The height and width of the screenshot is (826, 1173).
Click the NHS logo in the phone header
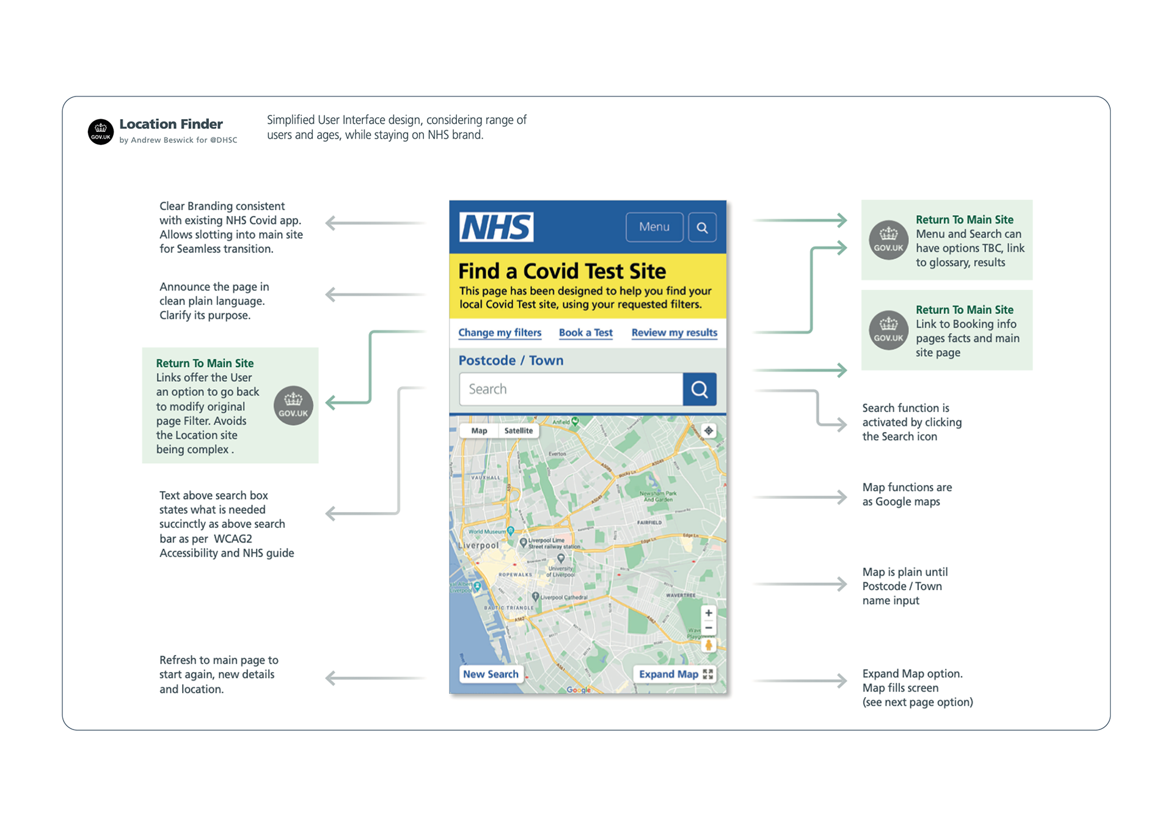click(496, 227)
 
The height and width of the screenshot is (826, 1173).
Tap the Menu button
click(654, 227)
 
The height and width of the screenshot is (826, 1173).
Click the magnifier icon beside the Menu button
click(702, 228)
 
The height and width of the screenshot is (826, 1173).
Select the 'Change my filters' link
click(500, 332)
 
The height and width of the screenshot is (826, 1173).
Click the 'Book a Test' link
click(585, 332)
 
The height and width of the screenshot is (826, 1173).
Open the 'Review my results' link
click(674, 332)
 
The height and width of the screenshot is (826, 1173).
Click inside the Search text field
click(571, 389)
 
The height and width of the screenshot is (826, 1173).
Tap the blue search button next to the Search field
click(700, 389)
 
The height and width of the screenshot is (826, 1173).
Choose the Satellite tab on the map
click(518, 431)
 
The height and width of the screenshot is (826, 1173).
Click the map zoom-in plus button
click(708, 613)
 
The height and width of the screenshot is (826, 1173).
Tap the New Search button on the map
click(491, 674)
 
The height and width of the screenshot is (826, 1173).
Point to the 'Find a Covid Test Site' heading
click(562, 271)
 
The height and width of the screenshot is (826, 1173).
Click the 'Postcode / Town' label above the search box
click(511, 360)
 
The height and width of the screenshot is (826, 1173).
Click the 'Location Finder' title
click(171, 124)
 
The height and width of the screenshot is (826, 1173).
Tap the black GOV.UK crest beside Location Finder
click(101, 131)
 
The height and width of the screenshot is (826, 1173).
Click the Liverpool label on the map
click(479, 545)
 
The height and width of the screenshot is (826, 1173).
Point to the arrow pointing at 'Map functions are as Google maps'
click(800, 497)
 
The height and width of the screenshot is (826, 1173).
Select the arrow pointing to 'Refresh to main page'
click(375, 678)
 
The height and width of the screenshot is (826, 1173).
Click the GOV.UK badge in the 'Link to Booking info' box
click(888, 331)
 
